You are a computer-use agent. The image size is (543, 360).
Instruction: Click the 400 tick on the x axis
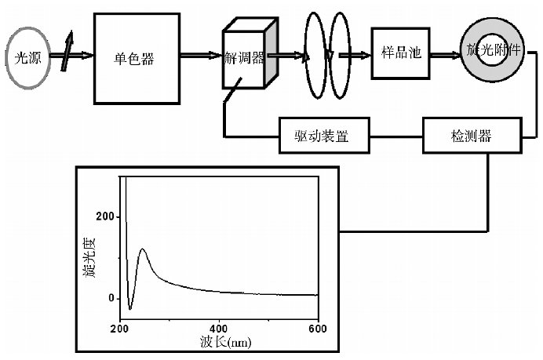(x=219, y=327)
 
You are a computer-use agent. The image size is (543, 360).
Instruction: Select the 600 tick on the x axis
(x=318, y=327)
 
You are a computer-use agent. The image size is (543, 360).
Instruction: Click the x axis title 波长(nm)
(x=224, y=343)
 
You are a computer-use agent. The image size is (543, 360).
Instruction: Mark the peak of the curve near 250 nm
(x=142, y=249)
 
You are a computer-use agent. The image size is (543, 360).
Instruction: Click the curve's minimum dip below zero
(x=130, y=309)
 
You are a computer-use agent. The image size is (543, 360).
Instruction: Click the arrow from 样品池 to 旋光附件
(x=443, y=55)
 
